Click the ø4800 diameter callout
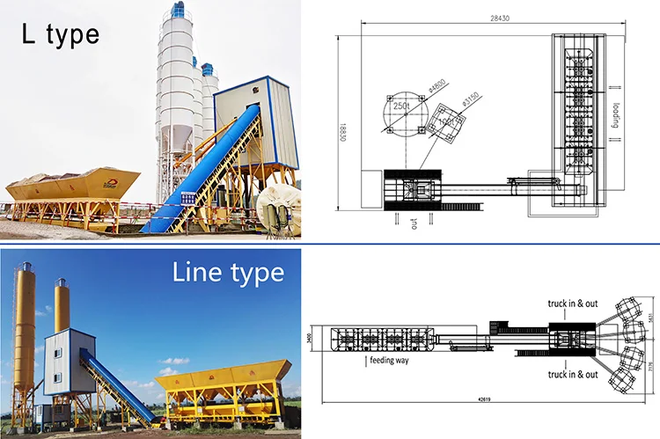pyautogui.click(x=435, y=87)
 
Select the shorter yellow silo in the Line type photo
pyautogui.click(x=62, y=308)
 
